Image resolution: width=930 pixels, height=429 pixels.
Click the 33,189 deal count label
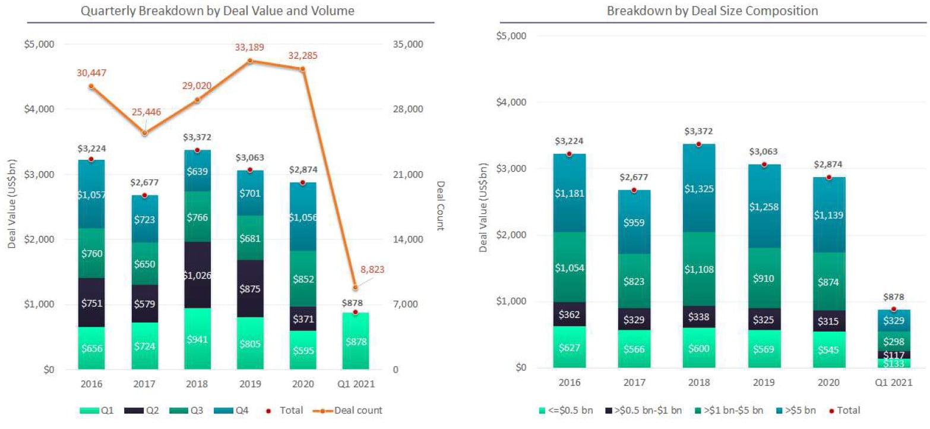250,48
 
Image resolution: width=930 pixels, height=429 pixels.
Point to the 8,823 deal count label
372,269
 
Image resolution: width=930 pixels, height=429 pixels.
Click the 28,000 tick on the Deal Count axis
406,109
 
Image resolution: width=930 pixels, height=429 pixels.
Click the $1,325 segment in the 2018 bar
698,188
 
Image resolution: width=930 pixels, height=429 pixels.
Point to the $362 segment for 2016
569,314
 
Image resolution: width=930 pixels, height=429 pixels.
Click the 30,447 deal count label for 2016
91,73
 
